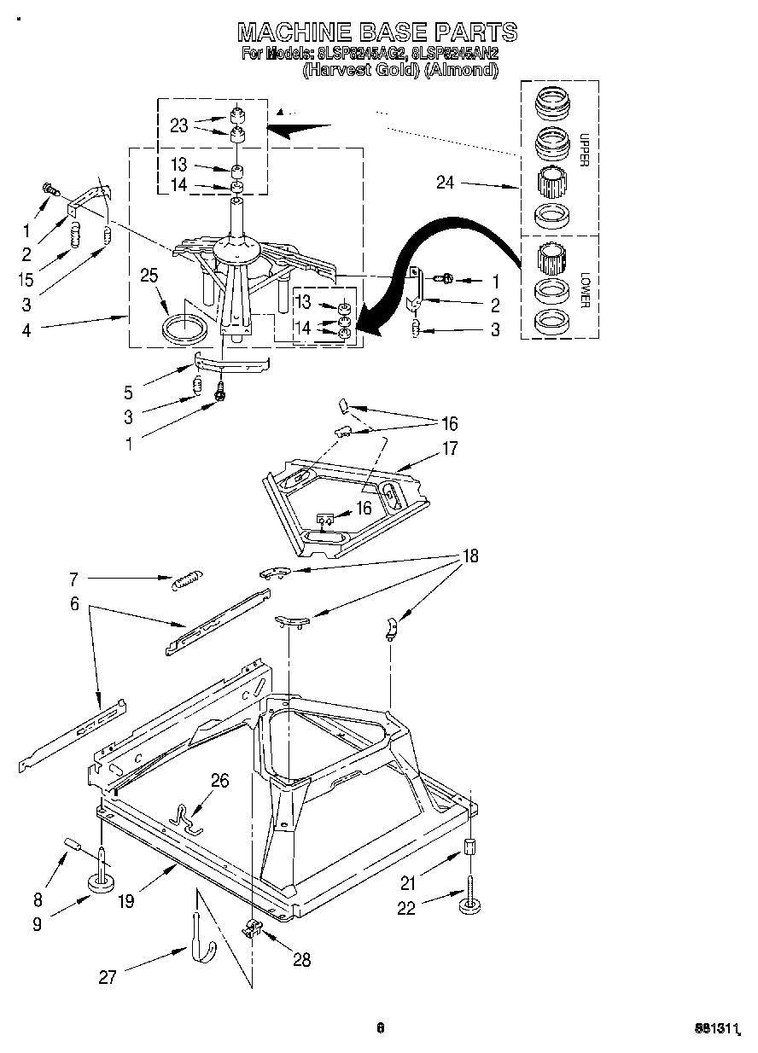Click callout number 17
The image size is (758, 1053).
(450, 447)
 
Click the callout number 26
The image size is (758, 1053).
(219, 781)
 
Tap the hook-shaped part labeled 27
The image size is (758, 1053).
(196, 937)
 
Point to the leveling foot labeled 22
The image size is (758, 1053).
(469, 903)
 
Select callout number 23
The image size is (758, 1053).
(178, 125)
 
